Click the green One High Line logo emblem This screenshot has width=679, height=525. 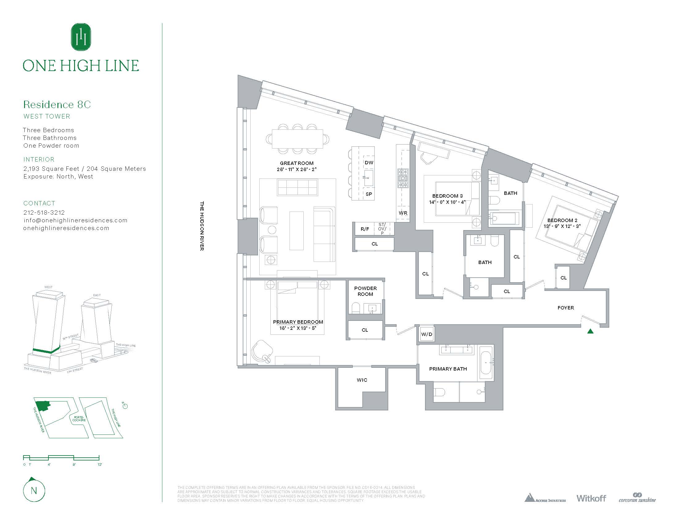81,37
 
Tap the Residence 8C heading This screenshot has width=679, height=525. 57,104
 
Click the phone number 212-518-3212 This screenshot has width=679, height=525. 44,212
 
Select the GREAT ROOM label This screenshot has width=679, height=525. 297,163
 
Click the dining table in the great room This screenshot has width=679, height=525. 297,139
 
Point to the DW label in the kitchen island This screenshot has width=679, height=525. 369,163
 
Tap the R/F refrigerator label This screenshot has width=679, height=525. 365,229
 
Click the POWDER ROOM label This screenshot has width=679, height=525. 365,291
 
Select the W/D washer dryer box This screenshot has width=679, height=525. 427,334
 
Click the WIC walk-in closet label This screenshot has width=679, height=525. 362,380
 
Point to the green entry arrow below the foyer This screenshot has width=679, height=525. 590,331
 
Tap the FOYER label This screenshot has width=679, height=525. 565,308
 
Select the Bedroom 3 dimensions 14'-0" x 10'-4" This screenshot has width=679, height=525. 447,202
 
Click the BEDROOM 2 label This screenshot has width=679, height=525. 562,220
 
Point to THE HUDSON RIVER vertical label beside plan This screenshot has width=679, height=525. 202,226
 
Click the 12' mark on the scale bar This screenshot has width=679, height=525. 99,464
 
